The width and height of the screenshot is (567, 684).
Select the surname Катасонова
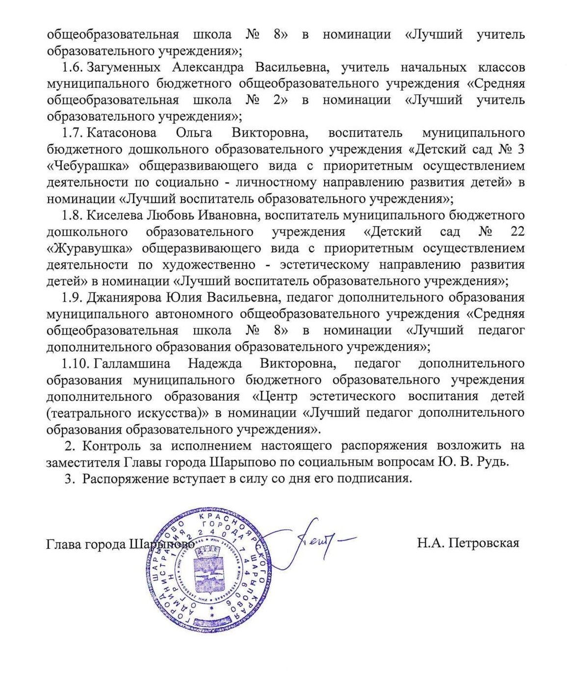tap(122, 133)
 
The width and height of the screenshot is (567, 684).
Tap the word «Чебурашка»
tap(83, 166)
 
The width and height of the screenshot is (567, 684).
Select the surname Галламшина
tap(132, 363)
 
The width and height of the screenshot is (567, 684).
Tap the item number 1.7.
tap(72, 133)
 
